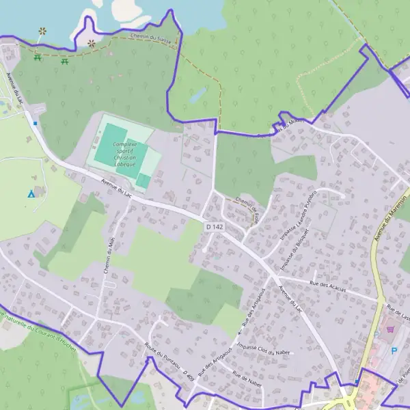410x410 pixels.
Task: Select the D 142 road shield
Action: (x=215, y=227)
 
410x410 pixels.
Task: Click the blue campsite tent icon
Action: (x=31, y=194)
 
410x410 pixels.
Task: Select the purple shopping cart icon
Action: (x=390, y=329)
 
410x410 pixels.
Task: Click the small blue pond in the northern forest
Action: (x=198, y=96)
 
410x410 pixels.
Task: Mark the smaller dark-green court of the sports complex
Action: (x=143, y=181)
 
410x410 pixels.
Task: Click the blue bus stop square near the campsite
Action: (x=35, y=124)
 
